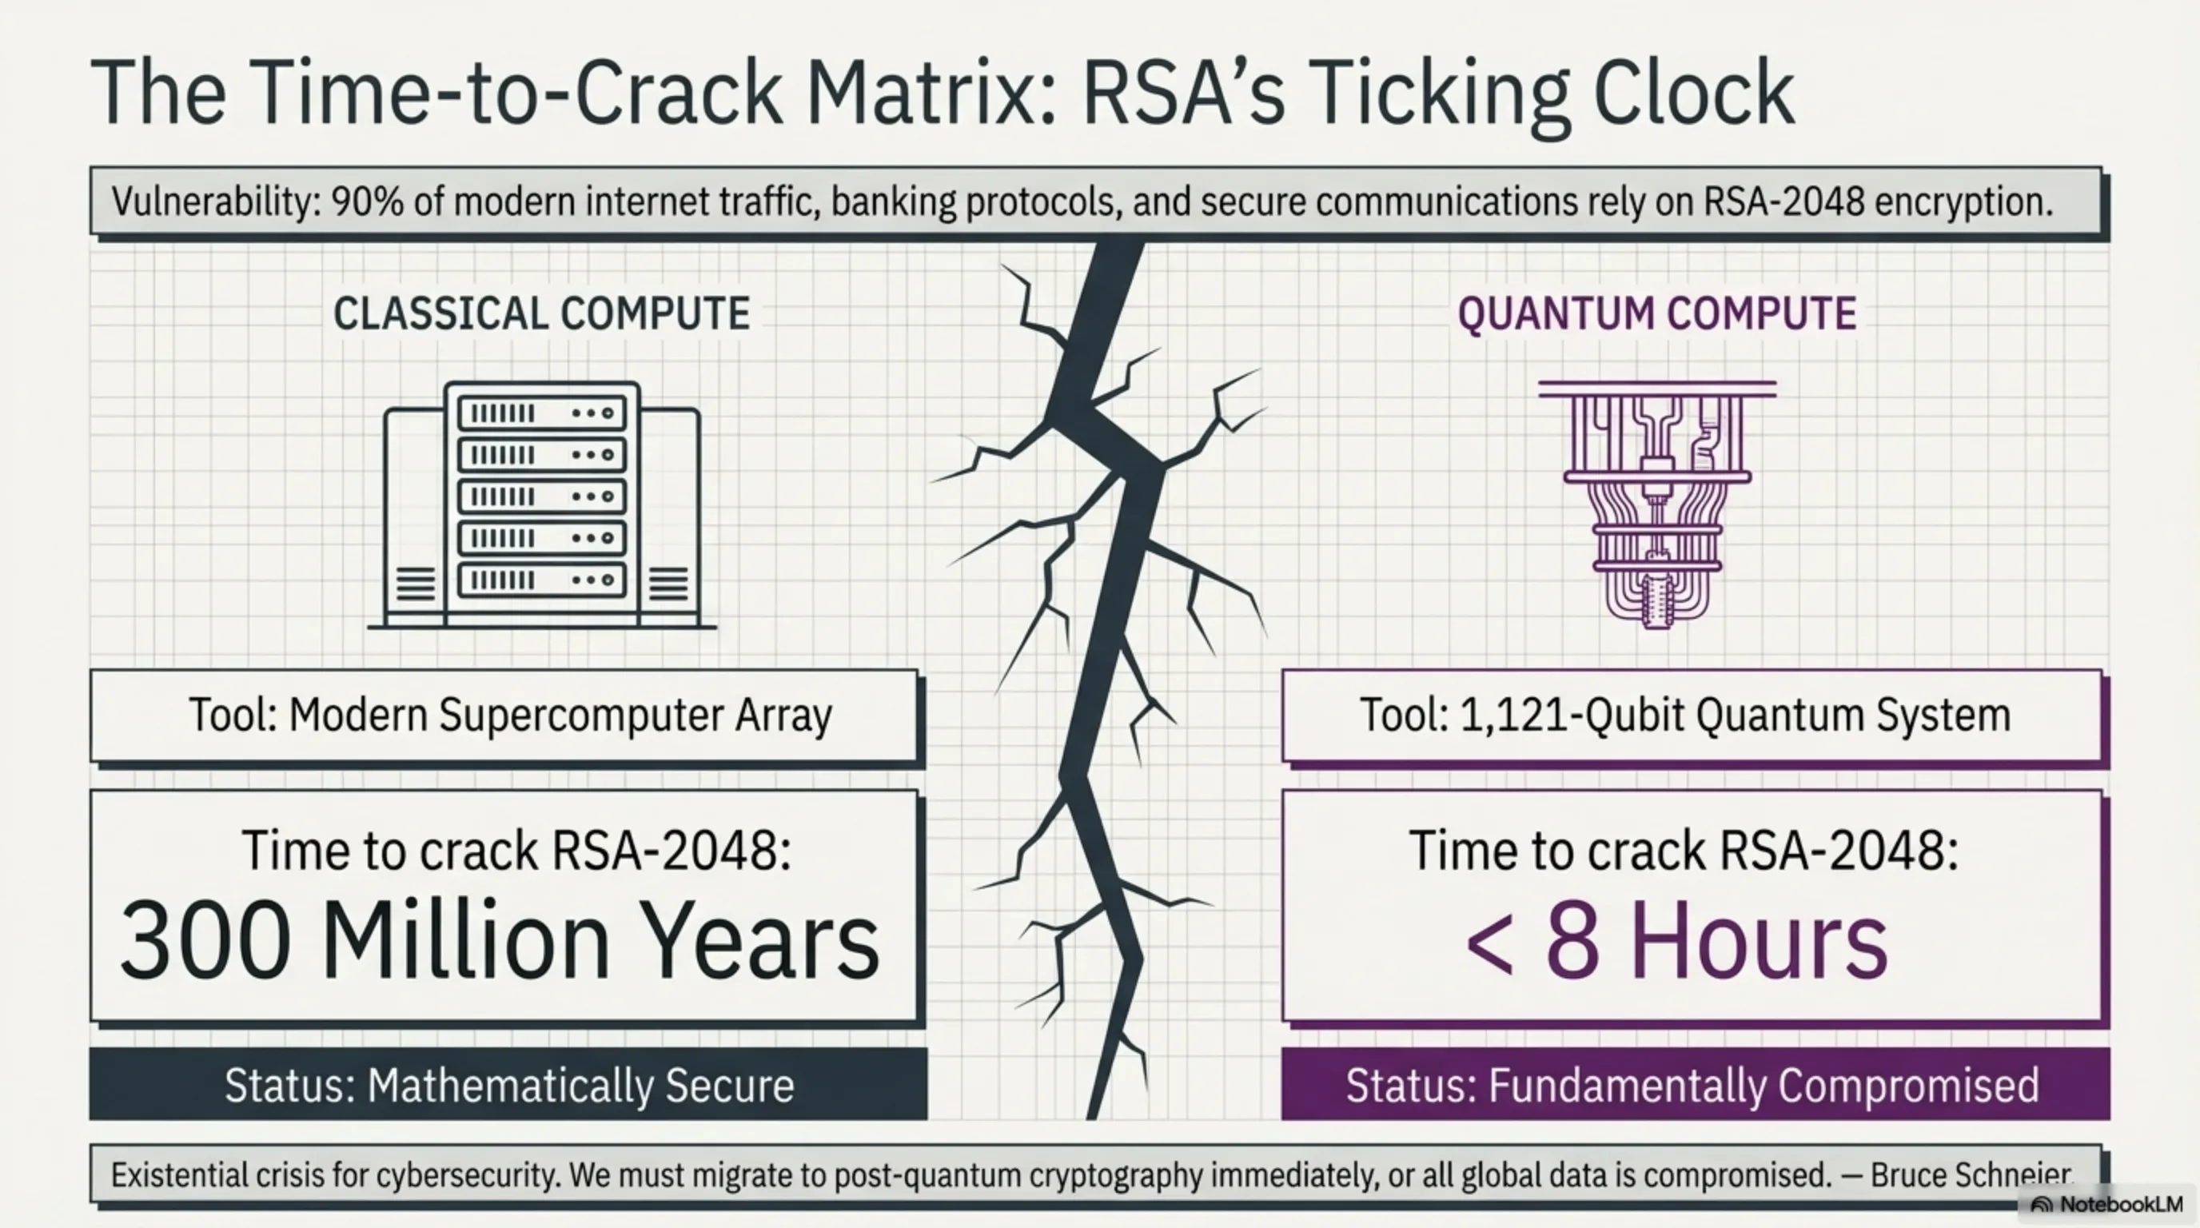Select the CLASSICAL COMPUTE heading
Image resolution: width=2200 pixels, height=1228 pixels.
click(x=541, y=313)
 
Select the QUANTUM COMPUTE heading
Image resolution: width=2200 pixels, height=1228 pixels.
click(x=1657, y=313)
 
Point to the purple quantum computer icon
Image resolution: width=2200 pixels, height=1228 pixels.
click(x=1657, y=504)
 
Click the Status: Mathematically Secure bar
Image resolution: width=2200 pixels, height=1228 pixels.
click(x=508, y=1085)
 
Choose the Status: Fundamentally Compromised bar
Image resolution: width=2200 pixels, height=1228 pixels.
click(x=1695, y=1085)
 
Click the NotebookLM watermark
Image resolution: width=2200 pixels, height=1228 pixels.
click(x=2110, y=1205)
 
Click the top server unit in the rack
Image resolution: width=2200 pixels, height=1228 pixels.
click(x=541, y=413)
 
